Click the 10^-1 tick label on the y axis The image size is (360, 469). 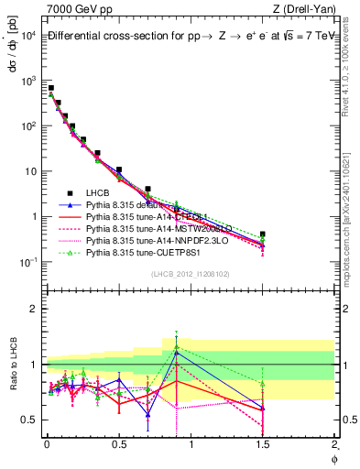(x=27, y=263)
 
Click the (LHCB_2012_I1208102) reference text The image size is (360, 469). (x=191, y=274)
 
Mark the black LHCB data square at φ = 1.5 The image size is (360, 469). (x=263, y=234)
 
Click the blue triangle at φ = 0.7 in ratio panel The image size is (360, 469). (x=147, y=414)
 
